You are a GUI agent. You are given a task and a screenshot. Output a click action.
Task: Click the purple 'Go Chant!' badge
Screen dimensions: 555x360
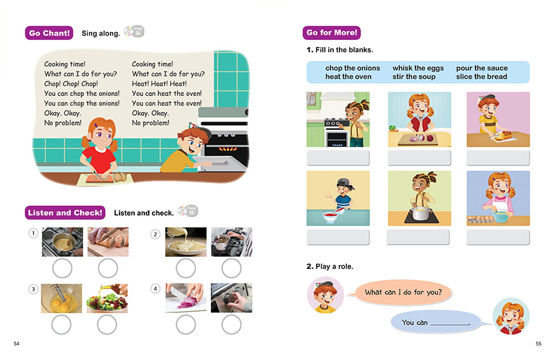(x=49, y=33)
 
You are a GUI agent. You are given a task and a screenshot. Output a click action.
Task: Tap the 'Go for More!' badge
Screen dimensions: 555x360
(x=332, y=32)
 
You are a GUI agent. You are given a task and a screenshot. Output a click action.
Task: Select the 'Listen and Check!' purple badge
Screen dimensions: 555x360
(x=65, y=212)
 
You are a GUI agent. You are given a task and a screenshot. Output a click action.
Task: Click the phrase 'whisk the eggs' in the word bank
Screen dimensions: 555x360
(x=418, y=68)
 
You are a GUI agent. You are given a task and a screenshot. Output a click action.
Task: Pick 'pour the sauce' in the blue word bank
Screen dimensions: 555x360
(x=482, y=68)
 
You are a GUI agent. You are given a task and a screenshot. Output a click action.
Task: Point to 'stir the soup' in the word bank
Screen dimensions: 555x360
(x=414, y=77)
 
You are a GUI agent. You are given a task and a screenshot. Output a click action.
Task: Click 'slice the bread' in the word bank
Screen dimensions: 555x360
(x=481, y=77)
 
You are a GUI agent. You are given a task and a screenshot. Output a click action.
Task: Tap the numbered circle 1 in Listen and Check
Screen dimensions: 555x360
(x=33, y=233)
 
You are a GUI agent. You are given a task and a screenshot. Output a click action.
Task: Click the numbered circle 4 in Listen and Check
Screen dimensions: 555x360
(x=155, y=289)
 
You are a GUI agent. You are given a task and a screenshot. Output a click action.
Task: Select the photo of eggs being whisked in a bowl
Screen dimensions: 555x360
(x=62, y=298)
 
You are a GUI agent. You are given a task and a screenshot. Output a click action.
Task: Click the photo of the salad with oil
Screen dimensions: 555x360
(x=107, y=298)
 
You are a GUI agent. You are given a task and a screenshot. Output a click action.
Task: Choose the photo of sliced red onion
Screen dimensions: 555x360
(x=186, y=298)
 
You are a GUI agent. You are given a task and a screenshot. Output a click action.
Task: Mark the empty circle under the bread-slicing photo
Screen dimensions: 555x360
(x=108, y=268)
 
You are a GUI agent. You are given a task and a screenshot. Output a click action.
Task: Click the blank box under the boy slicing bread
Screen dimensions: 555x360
(x=498, y=158)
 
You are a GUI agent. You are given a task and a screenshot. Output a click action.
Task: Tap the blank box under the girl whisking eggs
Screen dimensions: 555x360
(x=498, y=237)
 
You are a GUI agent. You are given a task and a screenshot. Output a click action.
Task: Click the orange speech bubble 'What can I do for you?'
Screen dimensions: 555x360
(x=403, y=293)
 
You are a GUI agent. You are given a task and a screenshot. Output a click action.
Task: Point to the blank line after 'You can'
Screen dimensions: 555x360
(x=449, y=324)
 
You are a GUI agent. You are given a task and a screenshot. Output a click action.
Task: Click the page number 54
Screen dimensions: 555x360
(x=17, y=343)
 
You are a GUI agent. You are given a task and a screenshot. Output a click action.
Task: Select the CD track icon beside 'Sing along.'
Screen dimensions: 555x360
(x=134, y=32)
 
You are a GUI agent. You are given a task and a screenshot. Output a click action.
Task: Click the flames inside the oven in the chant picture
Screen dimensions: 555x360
(x=228, y=149)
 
